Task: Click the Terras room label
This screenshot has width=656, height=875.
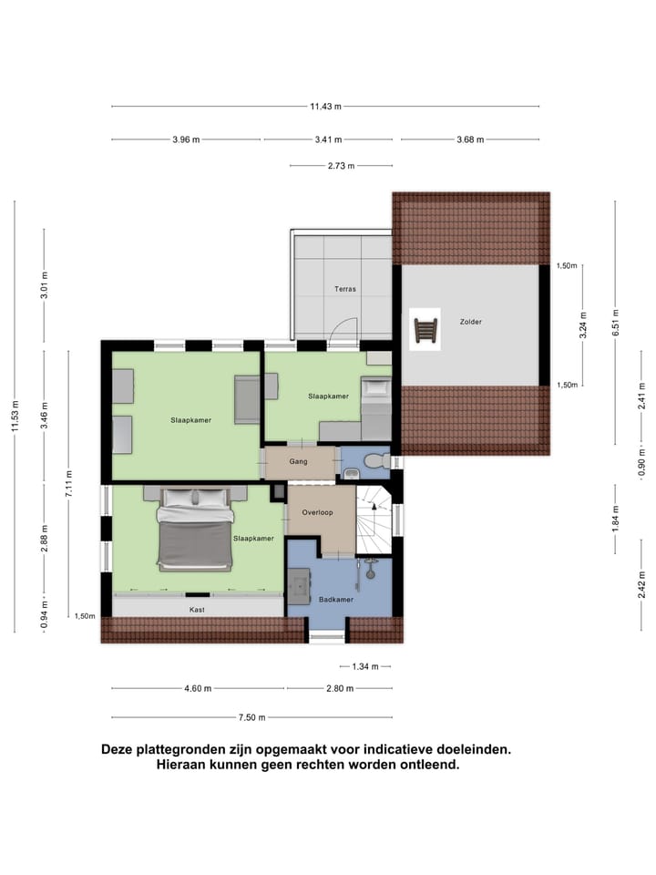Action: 344,289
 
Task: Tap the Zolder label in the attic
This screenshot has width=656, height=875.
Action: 470,322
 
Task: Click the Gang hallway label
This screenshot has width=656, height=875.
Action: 298,461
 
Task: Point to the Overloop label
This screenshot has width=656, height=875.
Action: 318,512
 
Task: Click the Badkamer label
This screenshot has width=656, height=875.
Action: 335,599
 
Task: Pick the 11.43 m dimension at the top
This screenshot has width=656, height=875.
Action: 325,107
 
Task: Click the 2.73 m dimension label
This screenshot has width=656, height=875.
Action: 340,166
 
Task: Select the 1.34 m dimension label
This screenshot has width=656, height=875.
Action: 363,665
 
